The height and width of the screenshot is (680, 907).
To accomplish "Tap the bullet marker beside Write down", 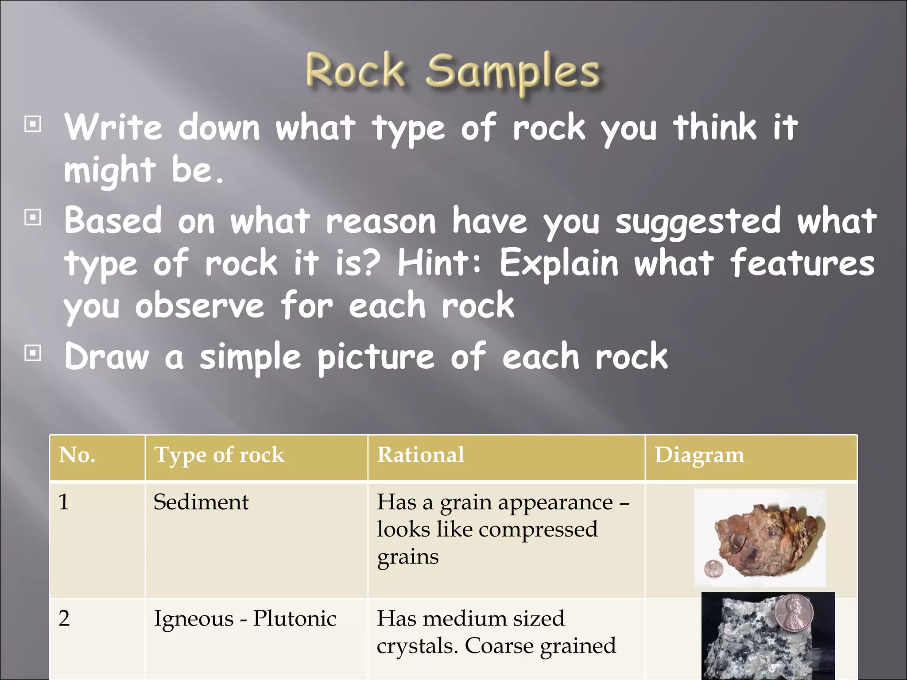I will click(33, 124).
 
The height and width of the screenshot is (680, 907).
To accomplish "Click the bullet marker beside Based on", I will click(33, 217).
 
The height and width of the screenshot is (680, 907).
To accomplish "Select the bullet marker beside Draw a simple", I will click(33, 353).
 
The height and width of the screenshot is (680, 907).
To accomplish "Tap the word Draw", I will click(107, 356).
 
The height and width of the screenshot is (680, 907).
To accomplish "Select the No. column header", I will click(77, 455).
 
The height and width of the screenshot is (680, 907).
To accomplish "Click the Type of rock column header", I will click(219, 455).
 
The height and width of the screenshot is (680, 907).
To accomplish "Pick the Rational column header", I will click(420, 455).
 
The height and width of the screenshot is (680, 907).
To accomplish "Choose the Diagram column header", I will click(699, 455).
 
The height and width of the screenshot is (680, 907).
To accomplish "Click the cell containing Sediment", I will click(201, 502).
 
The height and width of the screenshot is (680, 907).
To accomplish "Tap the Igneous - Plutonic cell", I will click(245, 619).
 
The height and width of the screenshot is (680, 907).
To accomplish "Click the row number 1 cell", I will click(64, 502).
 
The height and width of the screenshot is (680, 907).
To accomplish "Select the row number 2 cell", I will click(64, 619).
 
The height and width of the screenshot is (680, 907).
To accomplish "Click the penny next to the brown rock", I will click(713, 569).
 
